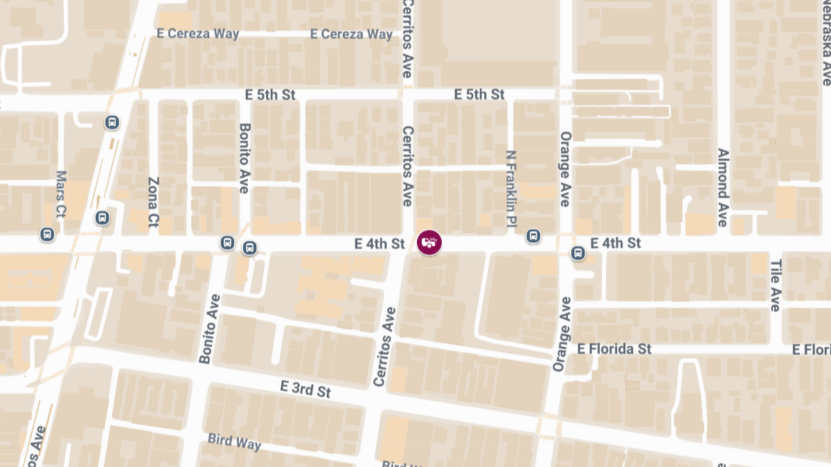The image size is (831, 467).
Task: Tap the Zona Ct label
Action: click(154, 202)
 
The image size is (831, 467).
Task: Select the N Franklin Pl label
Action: click(512, 180)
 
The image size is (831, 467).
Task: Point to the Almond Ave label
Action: click(722, 187)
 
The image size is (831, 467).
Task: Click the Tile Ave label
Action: click(776, 285)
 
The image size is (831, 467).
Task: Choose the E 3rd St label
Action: click(305, 389)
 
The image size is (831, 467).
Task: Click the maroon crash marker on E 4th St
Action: click(429, 242)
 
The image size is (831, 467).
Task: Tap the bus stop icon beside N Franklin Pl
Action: click(533, 236)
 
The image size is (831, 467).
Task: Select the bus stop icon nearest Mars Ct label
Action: click(47, 234)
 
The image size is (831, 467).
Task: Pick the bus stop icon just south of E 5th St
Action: click(112, 122)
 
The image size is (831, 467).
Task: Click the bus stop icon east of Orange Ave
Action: click(578, 253)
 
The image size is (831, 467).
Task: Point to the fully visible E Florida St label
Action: click(615, 349)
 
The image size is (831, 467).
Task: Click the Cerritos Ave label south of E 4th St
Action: click(384, 347)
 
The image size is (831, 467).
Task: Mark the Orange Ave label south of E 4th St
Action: click(562, 334)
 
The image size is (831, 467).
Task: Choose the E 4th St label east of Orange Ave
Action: click(616, 243)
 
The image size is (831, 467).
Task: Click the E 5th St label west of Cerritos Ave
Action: click(271, 94)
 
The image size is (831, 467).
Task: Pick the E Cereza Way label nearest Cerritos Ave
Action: click(352, 34)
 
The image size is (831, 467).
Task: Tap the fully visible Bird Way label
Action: click(235, 441)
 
